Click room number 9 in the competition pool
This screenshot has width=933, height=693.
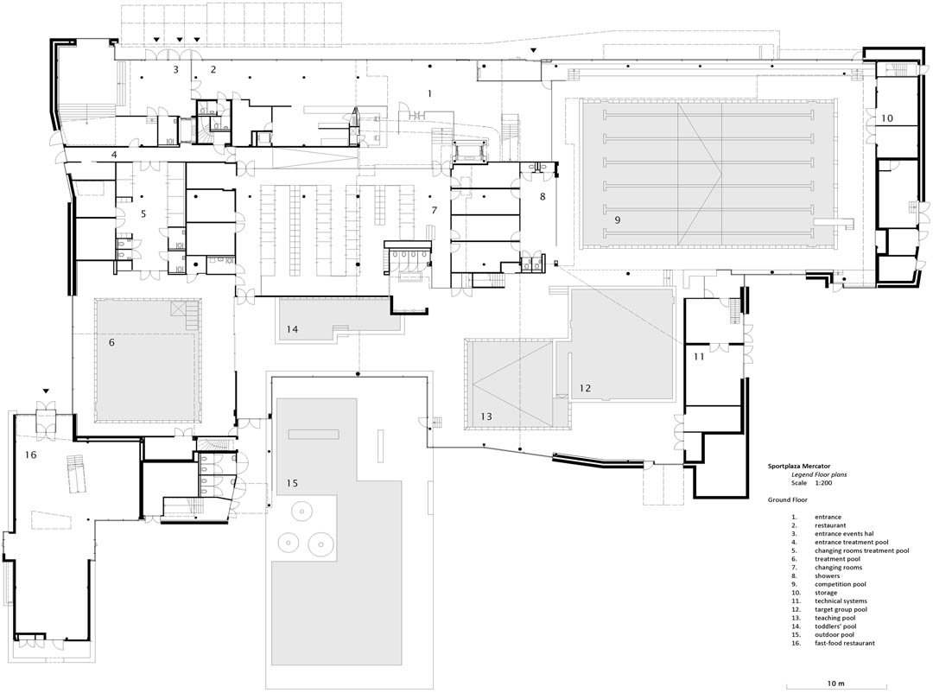point(618,219)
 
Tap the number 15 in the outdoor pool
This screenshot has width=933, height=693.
point(292,483)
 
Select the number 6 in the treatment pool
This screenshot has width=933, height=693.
point(111,342)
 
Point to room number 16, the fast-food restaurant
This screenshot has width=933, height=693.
point(31,455)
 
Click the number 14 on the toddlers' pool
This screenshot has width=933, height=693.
point(292,329)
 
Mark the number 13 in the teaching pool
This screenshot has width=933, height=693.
point(486,416)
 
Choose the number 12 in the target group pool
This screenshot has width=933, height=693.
point(586,388)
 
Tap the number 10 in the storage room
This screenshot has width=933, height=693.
point(887,118)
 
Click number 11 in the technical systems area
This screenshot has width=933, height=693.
point(699,357)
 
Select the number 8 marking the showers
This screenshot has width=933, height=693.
point(543,196)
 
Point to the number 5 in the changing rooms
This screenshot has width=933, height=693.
point(143,213)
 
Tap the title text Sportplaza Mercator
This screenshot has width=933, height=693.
point(799,466)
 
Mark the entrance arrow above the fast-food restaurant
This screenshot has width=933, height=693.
point(47,391)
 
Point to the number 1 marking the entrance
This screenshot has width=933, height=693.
point(429,93)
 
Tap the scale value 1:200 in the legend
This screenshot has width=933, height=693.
point(823,483)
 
